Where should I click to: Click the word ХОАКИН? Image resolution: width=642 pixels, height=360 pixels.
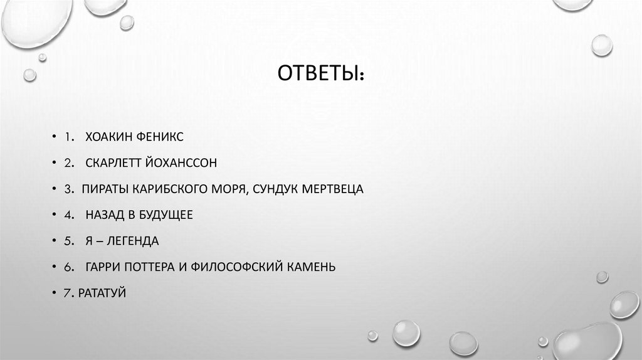[x=109, y=137]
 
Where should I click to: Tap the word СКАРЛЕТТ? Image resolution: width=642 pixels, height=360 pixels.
[x=115, y=163]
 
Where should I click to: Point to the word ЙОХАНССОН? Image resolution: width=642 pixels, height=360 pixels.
[x=181, y=163]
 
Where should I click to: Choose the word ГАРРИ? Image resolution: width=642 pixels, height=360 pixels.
[x=103, y=267]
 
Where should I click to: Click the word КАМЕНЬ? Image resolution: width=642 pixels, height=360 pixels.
[x=312, y=267]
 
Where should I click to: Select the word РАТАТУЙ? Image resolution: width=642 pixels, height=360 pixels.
[x=103, y=293]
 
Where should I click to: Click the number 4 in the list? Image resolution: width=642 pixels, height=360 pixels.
[x=66, y=215]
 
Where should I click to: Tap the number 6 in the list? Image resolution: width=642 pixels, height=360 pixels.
[x=66, y=267]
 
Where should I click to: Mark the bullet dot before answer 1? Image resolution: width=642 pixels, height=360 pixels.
[x=53, y=137]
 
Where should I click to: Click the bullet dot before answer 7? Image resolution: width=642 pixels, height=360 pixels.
[x=53, y=294]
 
